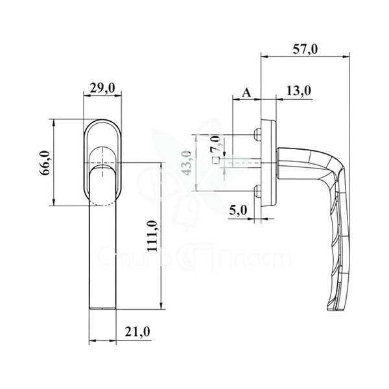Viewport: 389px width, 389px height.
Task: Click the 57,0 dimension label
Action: (305, 49)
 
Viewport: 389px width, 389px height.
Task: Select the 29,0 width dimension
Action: (102, 88)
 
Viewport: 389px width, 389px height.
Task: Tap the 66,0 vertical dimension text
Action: (45, 163)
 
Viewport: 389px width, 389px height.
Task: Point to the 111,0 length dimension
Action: (152, 236)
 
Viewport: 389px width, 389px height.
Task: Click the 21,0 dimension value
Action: (137, 332)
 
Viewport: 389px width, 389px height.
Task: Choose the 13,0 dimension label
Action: (299, 91)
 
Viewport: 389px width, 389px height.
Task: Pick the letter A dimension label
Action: (246, 93)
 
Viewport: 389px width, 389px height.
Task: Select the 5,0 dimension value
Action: (238, 211)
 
